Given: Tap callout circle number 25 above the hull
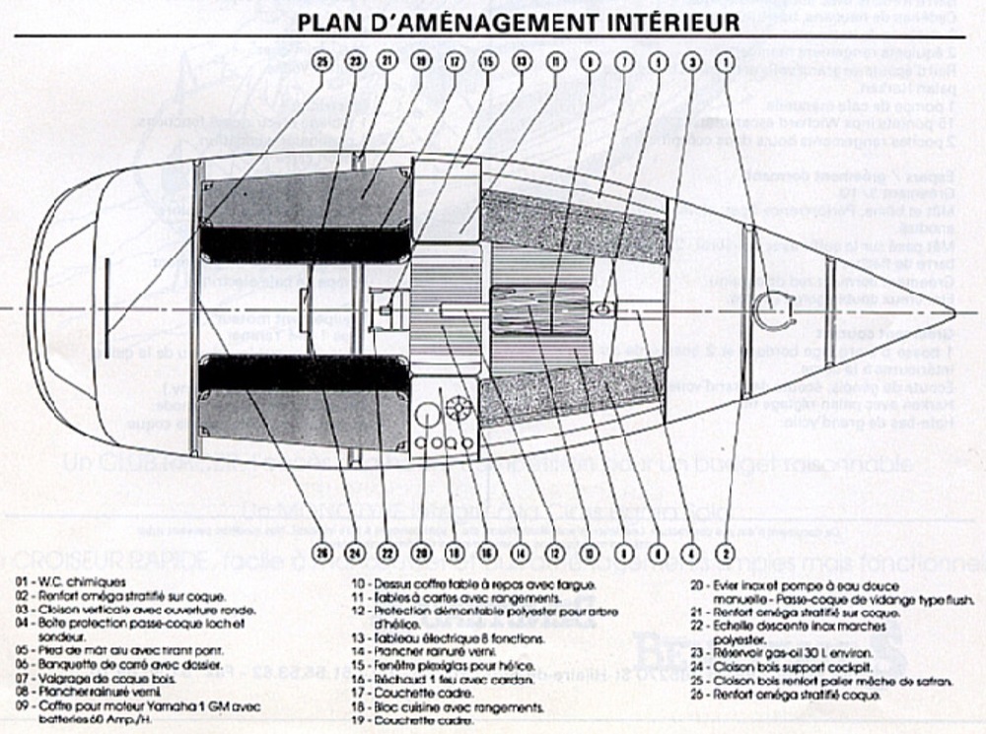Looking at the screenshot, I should pyautogui.click(x=320, y=61).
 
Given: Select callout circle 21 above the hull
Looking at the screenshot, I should pyautogui.click(x=387, y=61).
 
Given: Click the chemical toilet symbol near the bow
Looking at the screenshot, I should pyautogui.click(x=772, y=313).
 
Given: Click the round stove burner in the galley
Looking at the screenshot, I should pyautogui.click(x=456, y=409).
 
